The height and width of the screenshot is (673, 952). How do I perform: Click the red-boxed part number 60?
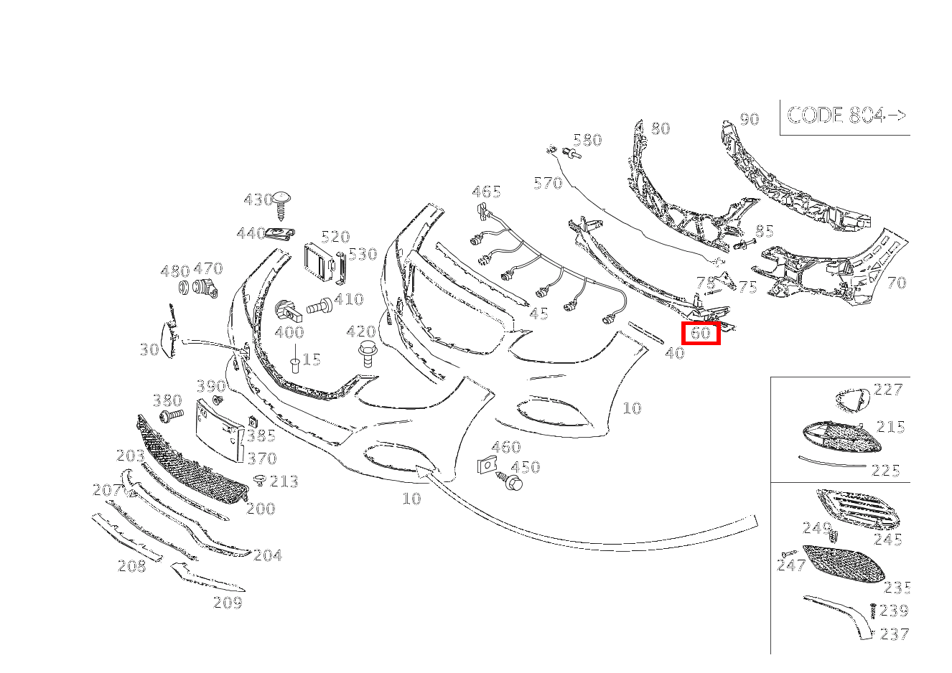[x=700, y=333]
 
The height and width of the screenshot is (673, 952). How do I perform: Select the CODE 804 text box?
[x=846, y=116]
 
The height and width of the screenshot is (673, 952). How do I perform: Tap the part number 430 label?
[x=258, y=199]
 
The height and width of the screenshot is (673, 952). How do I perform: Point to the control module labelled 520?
[x=317, y=261]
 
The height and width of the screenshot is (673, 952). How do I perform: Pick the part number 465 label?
[x=486, y=192]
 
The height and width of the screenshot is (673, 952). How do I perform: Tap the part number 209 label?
[x=228, y=603]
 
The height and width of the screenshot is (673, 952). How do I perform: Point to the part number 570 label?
[x=548, y=184]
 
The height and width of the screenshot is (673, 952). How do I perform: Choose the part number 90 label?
[x=749, y=119]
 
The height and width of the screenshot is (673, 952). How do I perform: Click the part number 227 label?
[x=888, y=390]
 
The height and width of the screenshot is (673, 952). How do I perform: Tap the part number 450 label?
[x=526, y=467]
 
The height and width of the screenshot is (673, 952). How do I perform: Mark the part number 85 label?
[x=765, y=231]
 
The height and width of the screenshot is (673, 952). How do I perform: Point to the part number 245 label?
[x=888, y=540]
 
